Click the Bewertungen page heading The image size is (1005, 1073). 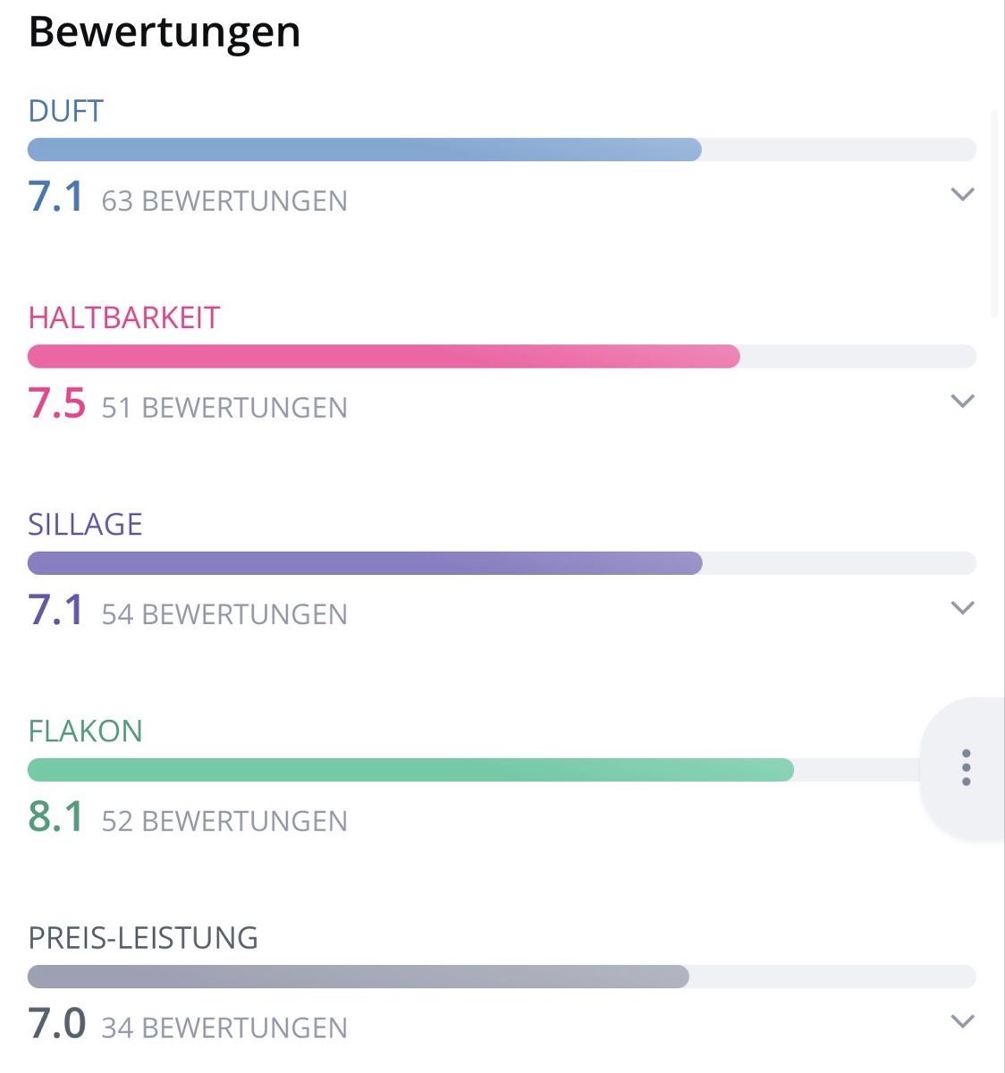(x=165, y=33)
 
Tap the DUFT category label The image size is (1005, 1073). (x=65, y=111)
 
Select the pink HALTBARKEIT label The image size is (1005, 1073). (x=123, y=317)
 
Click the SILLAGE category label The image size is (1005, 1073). (x=85, y=525)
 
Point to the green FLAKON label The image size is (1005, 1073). (x=85, y=731)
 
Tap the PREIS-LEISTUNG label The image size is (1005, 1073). (x=143, y=938)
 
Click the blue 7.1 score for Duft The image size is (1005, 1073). (x=55, y=196)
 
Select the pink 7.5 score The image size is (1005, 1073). (x=56, y=403)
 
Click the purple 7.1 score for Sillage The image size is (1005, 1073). (x=55, y=610)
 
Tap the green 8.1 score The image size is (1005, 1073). (x=55, y=816)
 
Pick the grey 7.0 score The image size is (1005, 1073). (x=56, y=1023)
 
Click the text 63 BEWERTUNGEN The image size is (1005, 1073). (x=224, y=201)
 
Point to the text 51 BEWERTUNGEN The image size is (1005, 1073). (x=224, y=408)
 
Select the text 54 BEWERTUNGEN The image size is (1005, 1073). (x=224, y=615)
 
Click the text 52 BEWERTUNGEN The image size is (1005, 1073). (x=224, y=821)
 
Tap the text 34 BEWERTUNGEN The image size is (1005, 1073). (x=224, y=1028)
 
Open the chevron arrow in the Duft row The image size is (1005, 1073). (x=962, y=194)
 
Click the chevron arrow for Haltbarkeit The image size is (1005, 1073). (x=962, y=401)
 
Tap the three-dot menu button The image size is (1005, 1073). (x=966, y=768)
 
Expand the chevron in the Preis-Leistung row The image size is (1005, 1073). (x=962, y=1021)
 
